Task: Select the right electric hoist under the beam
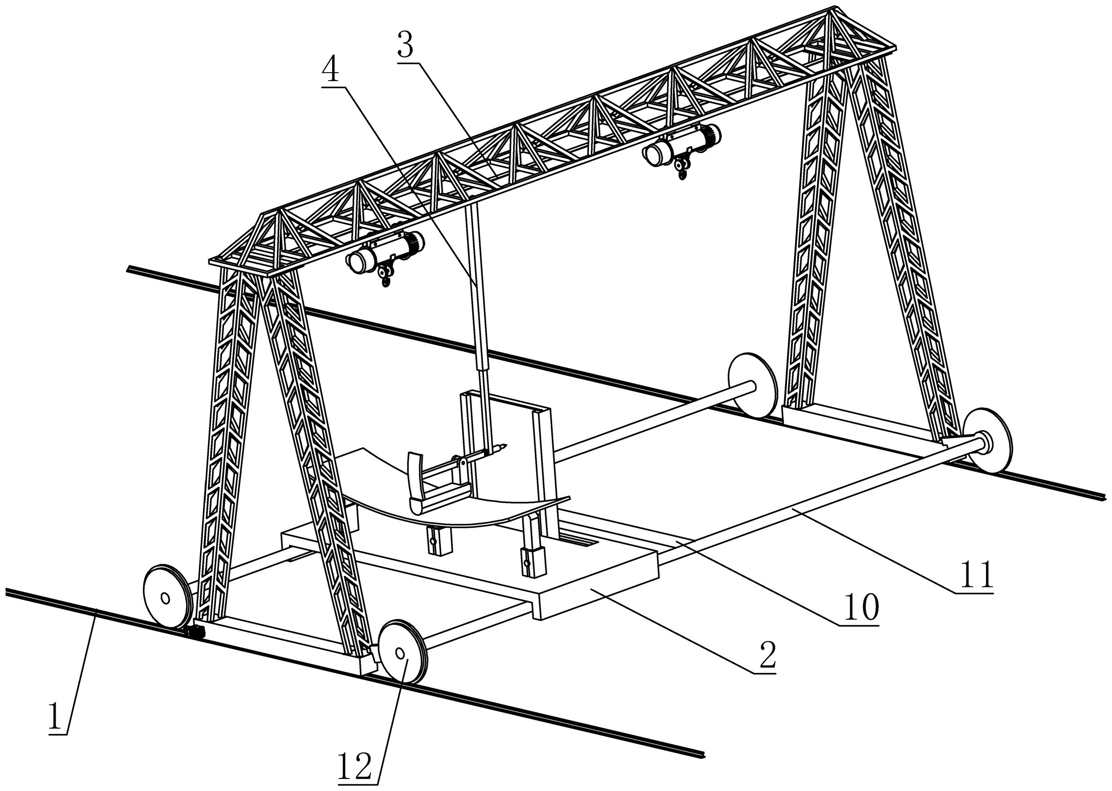click(682, 145)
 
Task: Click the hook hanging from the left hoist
click(386, 279)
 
